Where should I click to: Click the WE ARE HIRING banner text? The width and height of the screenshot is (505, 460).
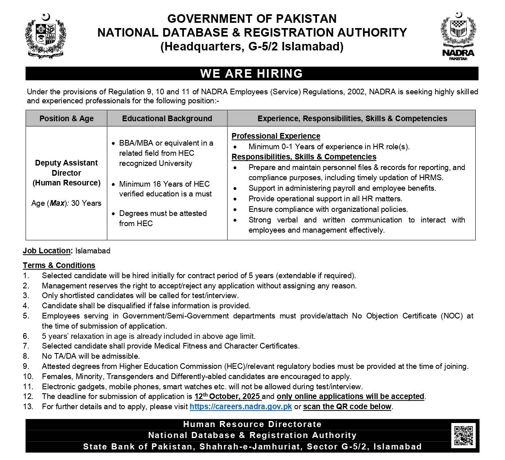pyautogui.click(x=251, y=74)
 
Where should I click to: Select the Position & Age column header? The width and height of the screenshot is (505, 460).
pyautogui.click(x=66, y=118)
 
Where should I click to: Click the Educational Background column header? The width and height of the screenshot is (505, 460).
pyautogui.click(x=167, y=118)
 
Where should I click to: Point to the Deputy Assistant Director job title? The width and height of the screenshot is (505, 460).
pyautogui.click(x=66, y=168)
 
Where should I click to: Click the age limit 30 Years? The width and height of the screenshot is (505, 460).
pyautogui.click(x=86, y=203)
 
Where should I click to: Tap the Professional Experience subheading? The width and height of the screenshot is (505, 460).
pyautogui.click(x=276, y=136)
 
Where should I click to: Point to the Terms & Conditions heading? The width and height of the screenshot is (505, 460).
pyautogui.click(x=59, y=265)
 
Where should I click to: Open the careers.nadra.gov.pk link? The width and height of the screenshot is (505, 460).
pyautogui.click(x=241, y=406)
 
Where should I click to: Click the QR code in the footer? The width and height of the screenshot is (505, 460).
pyautogui.click(x=463, y=435)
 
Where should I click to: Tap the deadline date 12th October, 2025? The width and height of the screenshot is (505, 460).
pyautogui.click(x=227, y=396)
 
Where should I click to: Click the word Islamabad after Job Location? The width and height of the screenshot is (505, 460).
pyautogui.click(x=93, y=251)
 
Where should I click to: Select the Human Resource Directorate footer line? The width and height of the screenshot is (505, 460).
pyautogui.click(x=252, y=424)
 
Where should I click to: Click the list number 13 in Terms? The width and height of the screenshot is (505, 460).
pyautogui.click(x=28, y=406)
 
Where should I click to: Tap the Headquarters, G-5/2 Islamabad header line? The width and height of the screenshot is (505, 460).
pyautogui.click(x=252, y=47)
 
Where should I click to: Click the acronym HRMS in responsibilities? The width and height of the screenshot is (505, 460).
pyautogui.click(x=432, y=177)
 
